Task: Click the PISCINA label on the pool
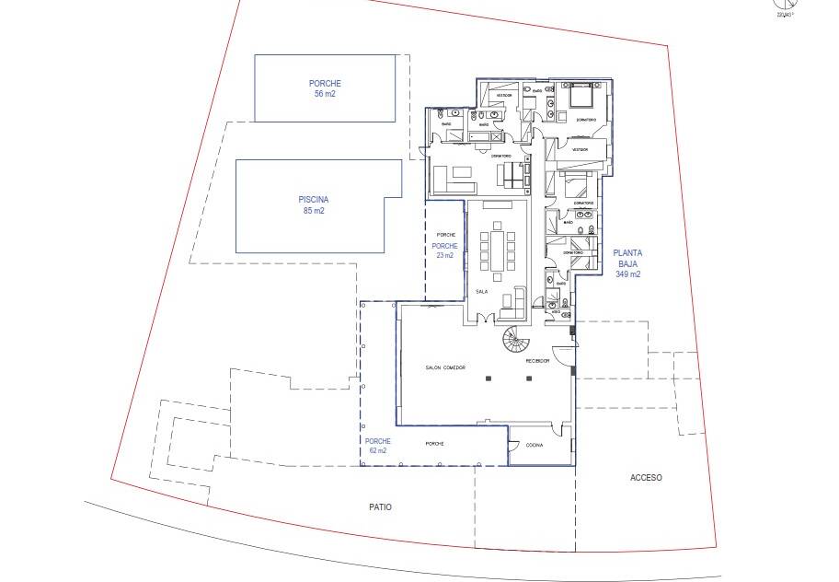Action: tap(314, 200)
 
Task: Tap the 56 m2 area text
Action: tap(326, 94)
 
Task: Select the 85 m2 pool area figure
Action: tap(314, 211)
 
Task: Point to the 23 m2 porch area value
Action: tap(446, 257)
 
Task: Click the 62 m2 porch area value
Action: tap(376, 451)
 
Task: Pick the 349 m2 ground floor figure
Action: tap(628, 274)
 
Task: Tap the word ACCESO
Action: tap(646, 478)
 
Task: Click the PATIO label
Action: tap(381, 506)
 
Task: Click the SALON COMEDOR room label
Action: tap(445, 367)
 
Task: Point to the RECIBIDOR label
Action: tap(537, 361)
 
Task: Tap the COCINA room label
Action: tap(534, 445)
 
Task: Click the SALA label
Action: tap(481, 292)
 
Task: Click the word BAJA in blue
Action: tap(628, 263)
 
